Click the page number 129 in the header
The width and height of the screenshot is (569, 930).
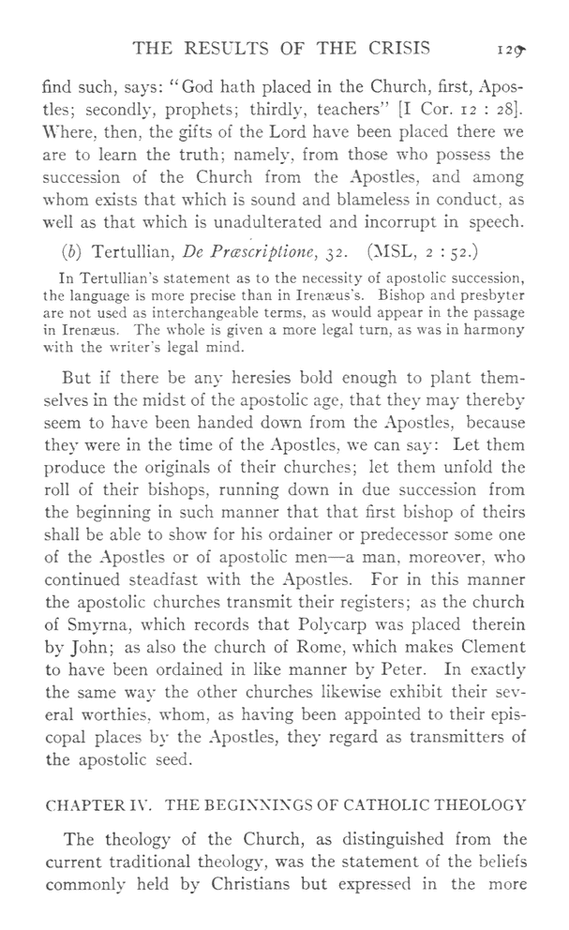506,49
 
